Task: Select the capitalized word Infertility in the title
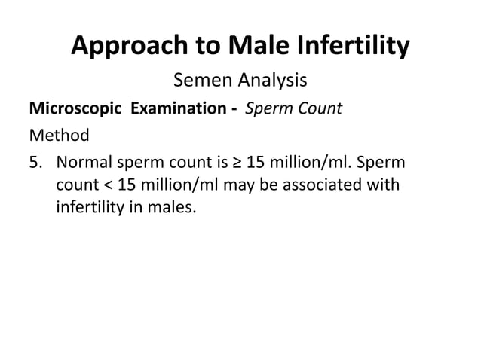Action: click(354, 47)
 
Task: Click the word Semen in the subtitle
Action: click(201, 79)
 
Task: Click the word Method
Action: click(59, 136)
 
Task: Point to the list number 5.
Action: click(36, 163)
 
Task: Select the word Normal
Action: click(85, 163)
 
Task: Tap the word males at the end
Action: click(173, 206)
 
